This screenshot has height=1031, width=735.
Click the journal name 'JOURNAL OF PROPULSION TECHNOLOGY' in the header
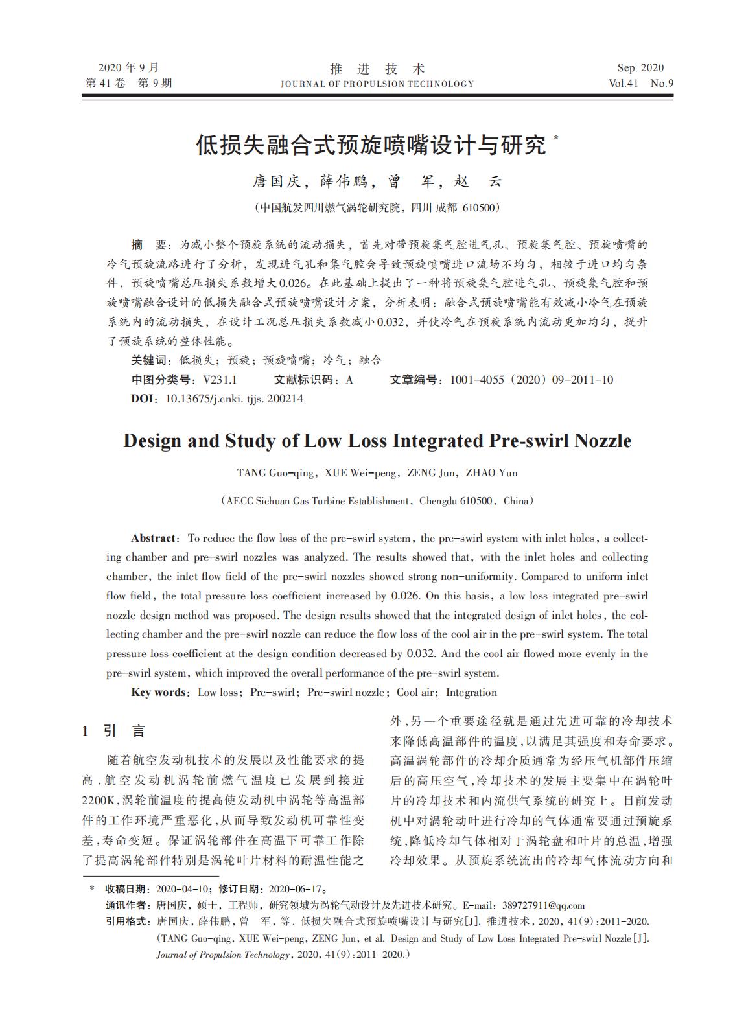(x=377, y=84)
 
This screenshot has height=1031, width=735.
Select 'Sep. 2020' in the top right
(x=640, y=68)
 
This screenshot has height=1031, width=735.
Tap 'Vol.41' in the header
(x=624, y=84)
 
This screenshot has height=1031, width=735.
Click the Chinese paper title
(x=371, y=145)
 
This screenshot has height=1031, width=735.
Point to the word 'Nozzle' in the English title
(x=600, y=441)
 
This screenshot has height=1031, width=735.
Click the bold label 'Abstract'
(x=153, y=538)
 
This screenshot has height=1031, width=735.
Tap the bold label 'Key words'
(x=159, y=692)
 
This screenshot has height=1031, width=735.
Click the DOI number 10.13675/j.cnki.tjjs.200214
(x=235, y=399)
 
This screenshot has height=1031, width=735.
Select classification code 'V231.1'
(x=220, y=380)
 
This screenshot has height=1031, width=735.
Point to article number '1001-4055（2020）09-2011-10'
(x=531, y=380)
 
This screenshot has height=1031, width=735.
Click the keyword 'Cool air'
(x=415, y=692)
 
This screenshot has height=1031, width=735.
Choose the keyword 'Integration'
(x=471, y=692)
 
